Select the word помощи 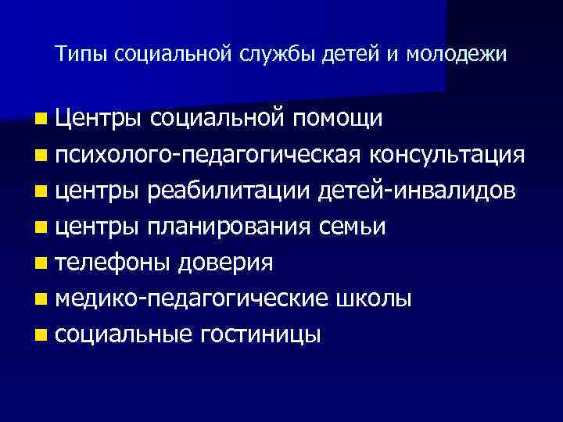tap(338, 119)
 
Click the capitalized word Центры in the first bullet tap(98, 119)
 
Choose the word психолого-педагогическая tap(209, 155)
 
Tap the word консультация tap(447, 155)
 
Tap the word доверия tap(225, 263)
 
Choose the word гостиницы tap(261, 335)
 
